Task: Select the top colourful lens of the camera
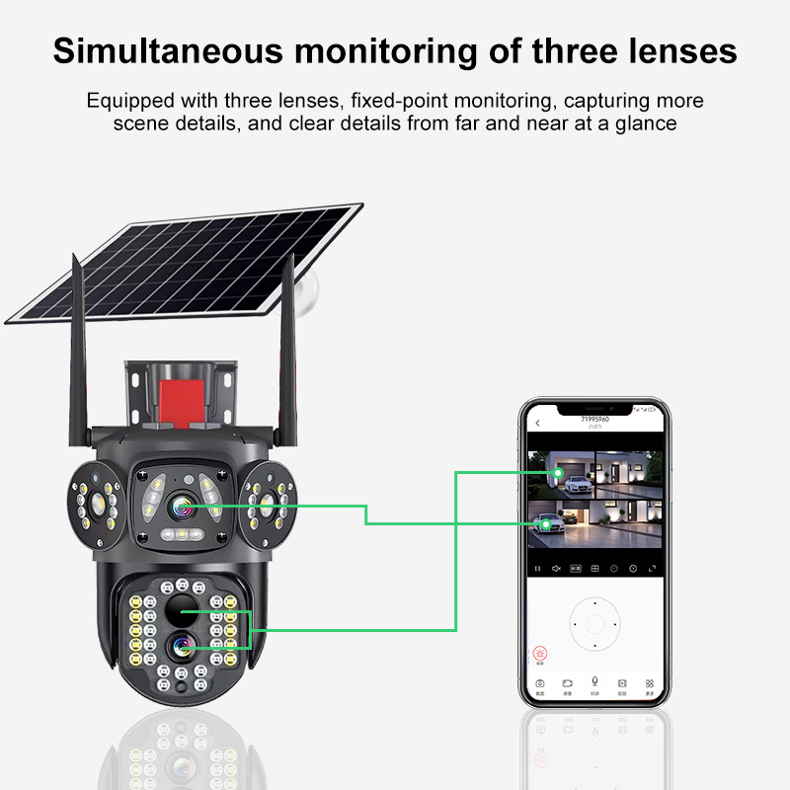coord(182,508)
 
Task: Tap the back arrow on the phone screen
coord(537,424)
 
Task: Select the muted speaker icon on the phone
coord(557,569)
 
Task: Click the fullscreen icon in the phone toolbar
coord(651,569)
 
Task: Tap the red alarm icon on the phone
coord(540,653)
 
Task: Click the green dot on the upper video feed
coord(559,473)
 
